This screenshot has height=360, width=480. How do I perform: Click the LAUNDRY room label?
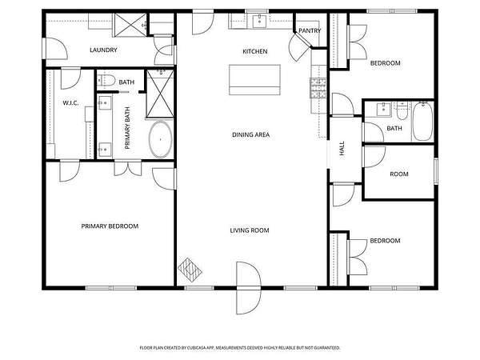pyautogui.click(x=103, y=50)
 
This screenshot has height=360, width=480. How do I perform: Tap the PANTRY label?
pyautogui.click(x=310, y=30)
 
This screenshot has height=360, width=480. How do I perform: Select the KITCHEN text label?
pyautogui.click(x=255, y=51)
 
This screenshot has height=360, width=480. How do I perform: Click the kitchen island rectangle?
pyautogui.click(x=254, y=79)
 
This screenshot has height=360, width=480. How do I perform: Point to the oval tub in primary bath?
pyautogui.click(x=161, y=139)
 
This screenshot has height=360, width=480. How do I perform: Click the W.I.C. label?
pyautogui.click(x=70, y=103)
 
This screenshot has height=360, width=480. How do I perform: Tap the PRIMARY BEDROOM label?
pyautogui.click(x=110, y=226)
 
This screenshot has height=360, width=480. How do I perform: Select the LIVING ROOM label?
pyautogui.click(x=250, y=230)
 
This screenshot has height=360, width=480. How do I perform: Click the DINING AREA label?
pyautogui.click(x=250, y=134)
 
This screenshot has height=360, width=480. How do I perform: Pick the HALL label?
pyautogui.click(x=342, y=149)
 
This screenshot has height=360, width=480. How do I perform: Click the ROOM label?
pyautogui.click(x=399, y=174)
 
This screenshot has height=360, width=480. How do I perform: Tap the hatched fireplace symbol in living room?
pyautogui.click(x=190, y=270)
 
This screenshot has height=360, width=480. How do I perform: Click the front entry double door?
pyautogui.click(x=249, y=288)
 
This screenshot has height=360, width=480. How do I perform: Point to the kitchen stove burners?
pyautogui.click(x=318, y=88)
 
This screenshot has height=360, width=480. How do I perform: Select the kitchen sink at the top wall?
pyautogui.click(x=260, y=21)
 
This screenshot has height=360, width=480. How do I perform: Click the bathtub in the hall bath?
pyautogui.click(x=422, y=122)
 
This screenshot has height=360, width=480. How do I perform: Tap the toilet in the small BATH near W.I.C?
pyautogui.click(x=106, y=81)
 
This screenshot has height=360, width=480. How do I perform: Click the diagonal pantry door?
pyautogui.click(x=300, y=47)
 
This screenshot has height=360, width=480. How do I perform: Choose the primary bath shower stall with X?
pyautogui.click(x=160, y=94)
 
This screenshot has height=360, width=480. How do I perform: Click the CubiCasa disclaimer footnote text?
pyautogui.click(x=240, y=348)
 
